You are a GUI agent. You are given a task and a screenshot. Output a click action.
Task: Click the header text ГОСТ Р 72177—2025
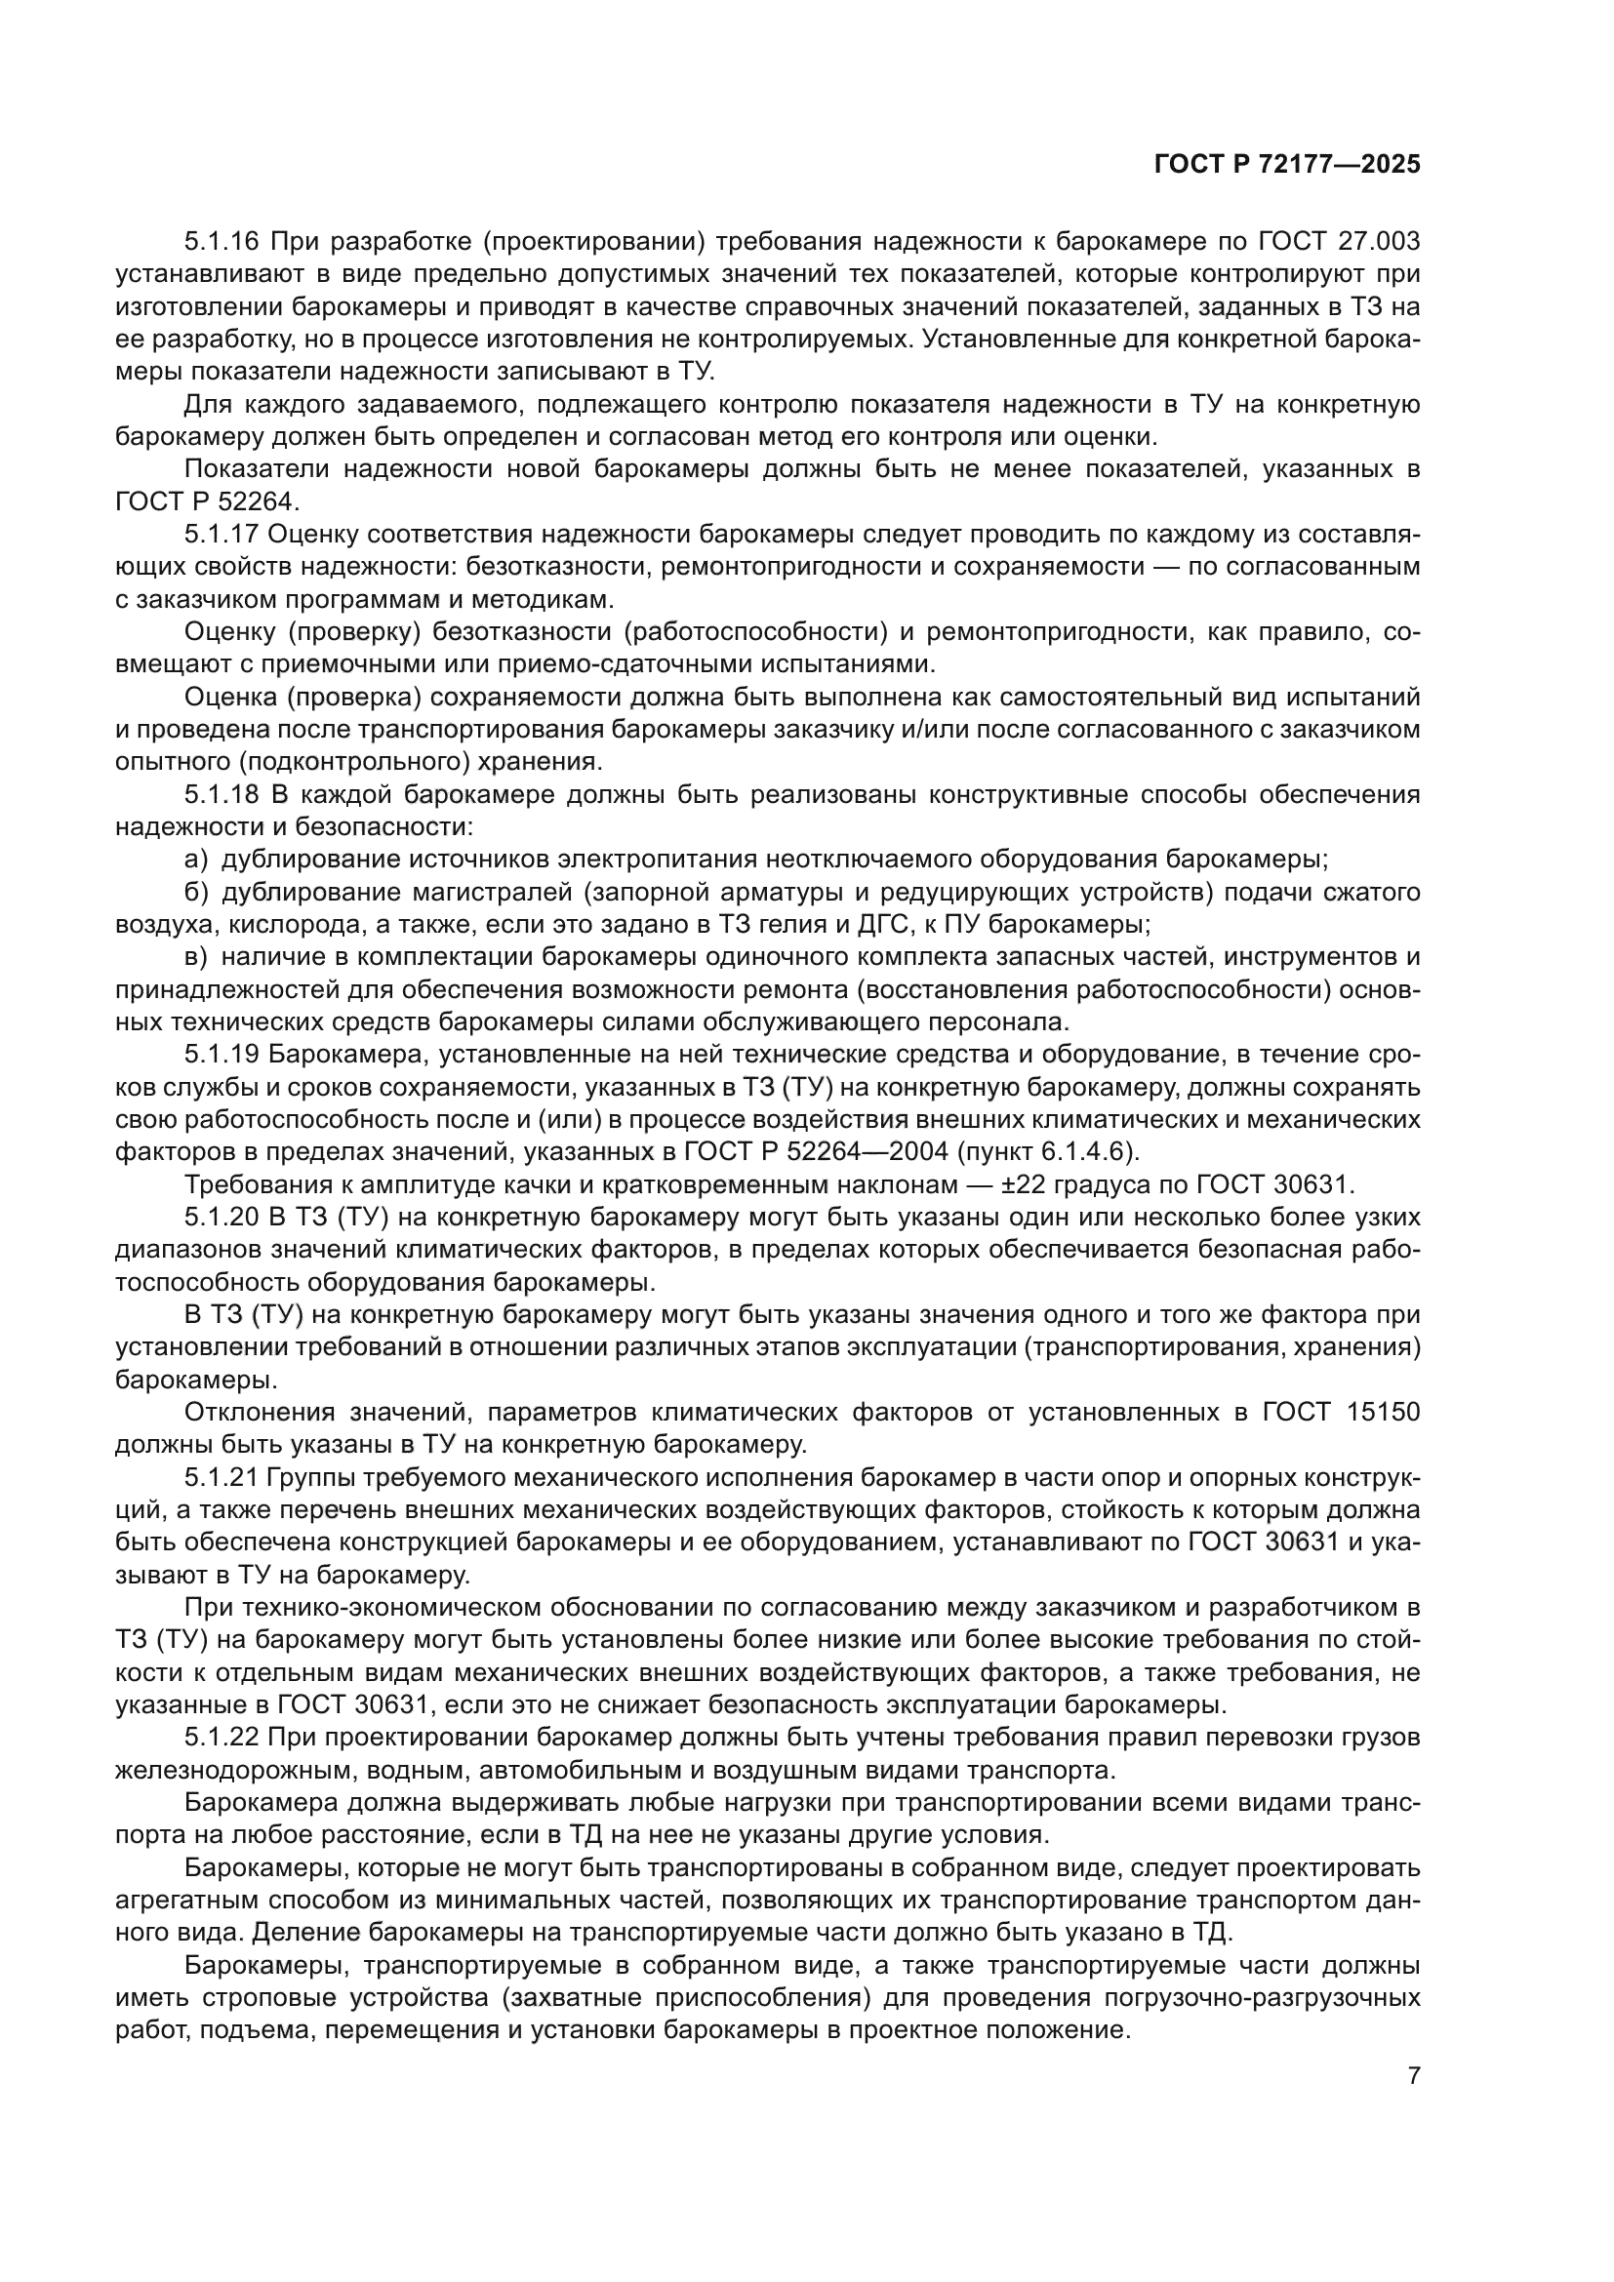pos(1287,165)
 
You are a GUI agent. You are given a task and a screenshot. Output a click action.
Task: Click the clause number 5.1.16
pos(222,242)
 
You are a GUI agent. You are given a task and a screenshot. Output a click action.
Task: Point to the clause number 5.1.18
pos(222,794)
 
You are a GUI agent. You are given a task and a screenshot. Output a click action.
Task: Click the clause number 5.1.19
pos(222,1054)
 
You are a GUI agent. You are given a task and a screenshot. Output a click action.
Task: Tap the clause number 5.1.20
pos(222,1217)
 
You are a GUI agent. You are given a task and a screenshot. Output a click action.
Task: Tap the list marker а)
pos(197,859)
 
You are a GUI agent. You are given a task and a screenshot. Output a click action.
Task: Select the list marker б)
pos(197,892)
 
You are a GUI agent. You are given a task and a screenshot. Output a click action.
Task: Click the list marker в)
pos(197,956)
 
